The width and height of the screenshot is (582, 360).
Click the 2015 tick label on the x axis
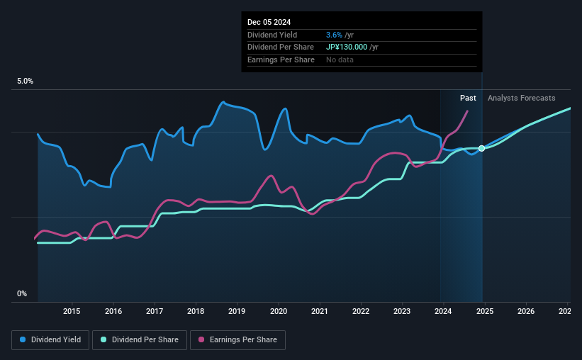point(71,311)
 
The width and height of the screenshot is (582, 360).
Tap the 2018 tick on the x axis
point(196,311)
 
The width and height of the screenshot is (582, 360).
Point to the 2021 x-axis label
point(320,311)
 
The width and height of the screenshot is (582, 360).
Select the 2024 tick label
point(443,311)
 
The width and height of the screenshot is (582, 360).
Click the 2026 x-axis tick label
point(526,311)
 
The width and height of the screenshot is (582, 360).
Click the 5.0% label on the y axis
point(25,81)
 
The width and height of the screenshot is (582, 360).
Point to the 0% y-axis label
point(22,293)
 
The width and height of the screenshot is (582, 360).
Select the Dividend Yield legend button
point(50,340)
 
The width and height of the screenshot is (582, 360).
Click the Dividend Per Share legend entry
point(144,340)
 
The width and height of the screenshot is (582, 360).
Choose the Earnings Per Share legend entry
point(237,340)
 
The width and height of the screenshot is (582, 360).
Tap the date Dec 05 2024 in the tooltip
point(269,22)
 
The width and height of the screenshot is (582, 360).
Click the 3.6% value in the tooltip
point(333,35)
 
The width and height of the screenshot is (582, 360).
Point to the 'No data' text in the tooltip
point(340,60)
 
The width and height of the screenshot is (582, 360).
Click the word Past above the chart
point(468,98)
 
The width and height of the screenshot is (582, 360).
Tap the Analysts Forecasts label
point(521,98)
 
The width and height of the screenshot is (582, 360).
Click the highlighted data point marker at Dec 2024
point(482,148)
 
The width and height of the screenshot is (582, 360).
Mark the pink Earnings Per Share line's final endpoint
point(467,111)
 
